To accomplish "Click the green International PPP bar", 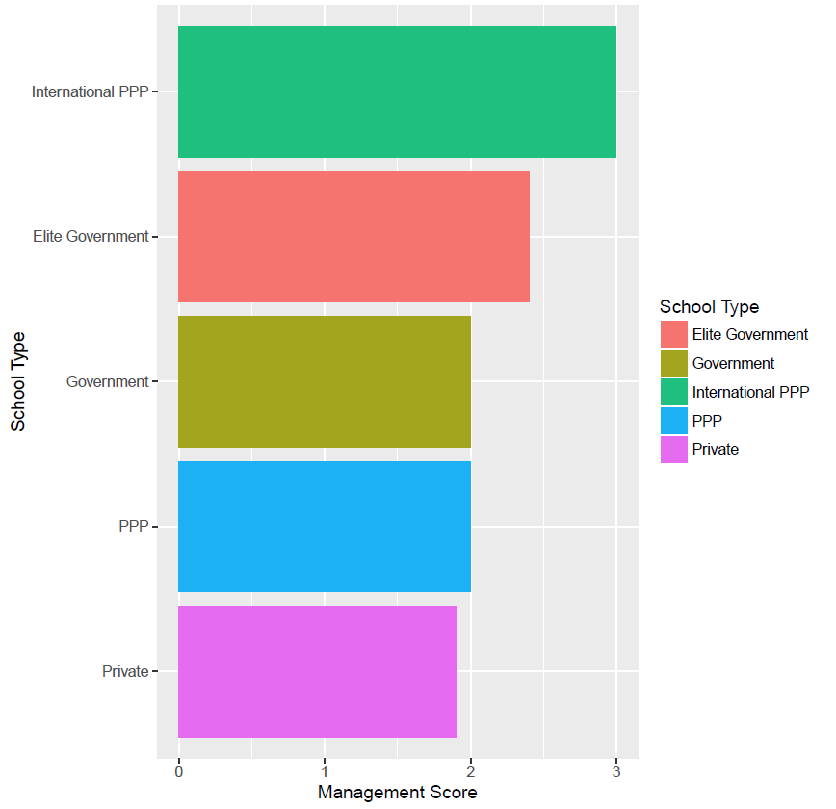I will (397, 91).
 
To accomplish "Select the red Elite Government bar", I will (353, 237).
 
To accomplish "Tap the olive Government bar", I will (325, 381).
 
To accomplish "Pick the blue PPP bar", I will (325, 527).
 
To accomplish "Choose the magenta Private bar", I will (317, 671).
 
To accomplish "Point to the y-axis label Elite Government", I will (91, 237).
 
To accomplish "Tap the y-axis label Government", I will (107, 382).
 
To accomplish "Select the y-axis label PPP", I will (133, 527).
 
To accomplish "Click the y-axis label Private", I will (125, 672).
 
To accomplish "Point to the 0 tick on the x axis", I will (179, 772).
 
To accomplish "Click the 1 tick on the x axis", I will (325, 772).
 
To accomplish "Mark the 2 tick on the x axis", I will (471, 772).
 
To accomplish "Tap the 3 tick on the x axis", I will (616, 772).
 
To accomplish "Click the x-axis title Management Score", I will (397, 793).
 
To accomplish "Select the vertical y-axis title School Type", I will (18, 381).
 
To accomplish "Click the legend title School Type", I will (709, 307).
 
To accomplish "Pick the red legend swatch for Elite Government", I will (674, 335).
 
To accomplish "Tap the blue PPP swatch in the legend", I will (674, 421).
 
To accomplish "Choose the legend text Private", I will (715, 450).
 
